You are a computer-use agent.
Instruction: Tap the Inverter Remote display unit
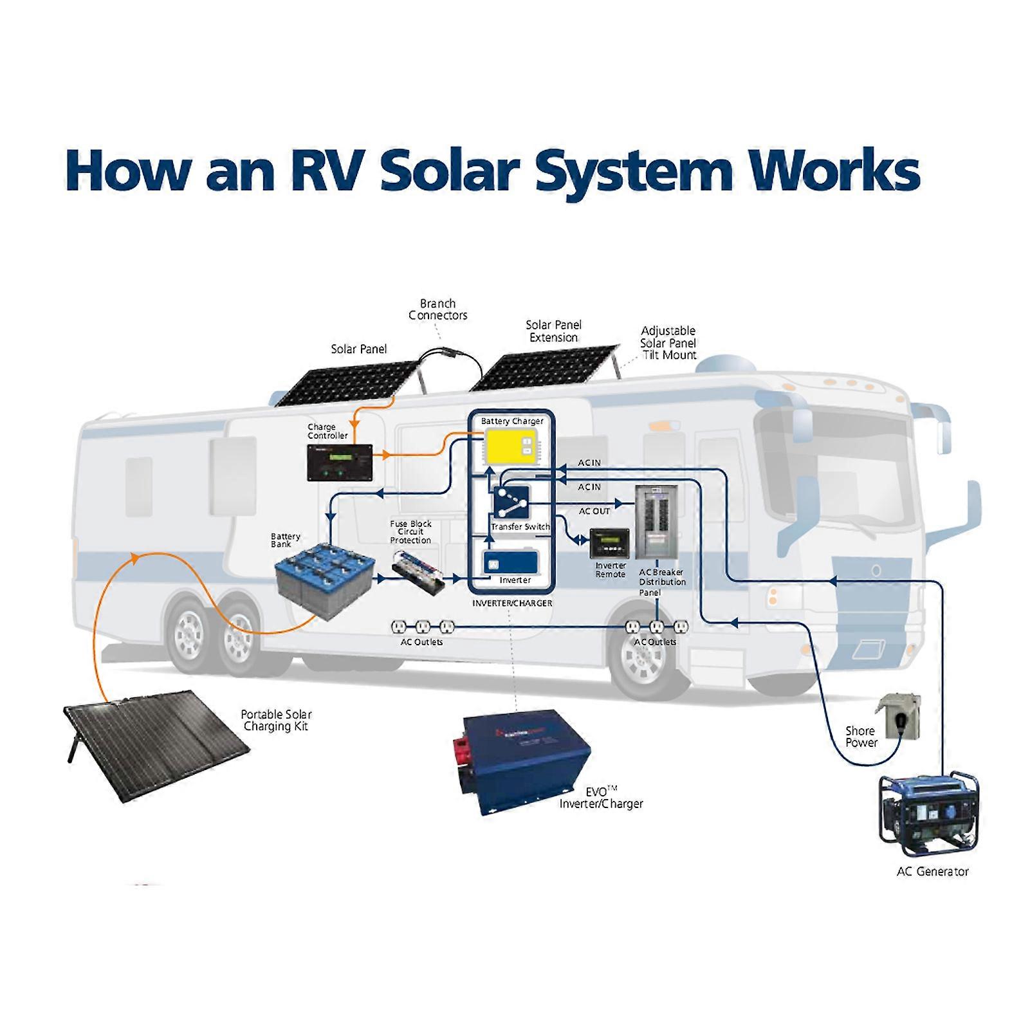609,544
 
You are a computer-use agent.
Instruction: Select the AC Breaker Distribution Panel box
656,522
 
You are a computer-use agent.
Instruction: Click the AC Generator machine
930,815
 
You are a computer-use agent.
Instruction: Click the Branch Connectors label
437,309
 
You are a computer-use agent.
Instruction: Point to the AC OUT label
594,511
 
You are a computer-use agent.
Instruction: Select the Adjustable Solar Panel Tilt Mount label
668,343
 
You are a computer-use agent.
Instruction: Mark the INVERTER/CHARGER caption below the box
512,603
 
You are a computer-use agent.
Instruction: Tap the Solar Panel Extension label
553,331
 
